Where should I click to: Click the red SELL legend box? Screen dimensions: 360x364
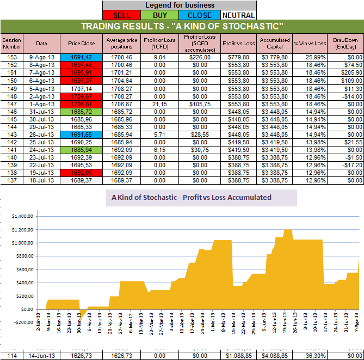click(x=121, y=15)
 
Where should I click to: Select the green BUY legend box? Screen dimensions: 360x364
click(x=160, y=15)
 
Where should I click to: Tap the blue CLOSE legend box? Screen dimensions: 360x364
click(x=199, y=15)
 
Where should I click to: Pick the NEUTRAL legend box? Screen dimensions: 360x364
click(x=237, y=15)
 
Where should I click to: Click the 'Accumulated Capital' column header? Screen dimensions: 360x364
click(x=275, y=43)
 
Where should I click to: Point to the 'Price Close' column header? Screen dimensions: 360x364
click(x=81, y=43)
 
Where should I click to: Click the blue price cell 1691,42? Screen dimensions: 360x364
click(x=81, y=57)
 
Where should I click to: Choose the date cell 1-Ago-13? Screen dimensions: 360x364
click(x=42, y=103)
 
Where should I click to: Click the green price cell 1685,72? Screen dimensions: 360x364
click(x=81, y=111)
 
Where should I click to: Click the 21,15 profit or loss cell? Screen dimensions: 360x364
click(x=158, y=103)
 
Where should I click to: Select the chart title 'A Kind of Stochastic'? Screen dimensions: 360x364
click(x=191, y=198)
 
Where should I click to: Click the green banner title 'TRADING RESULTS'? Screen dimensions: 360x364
click(x=182, y=26)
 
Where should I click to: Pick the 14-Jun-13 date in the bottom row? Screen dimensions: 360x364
click(x=42, y=355)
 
